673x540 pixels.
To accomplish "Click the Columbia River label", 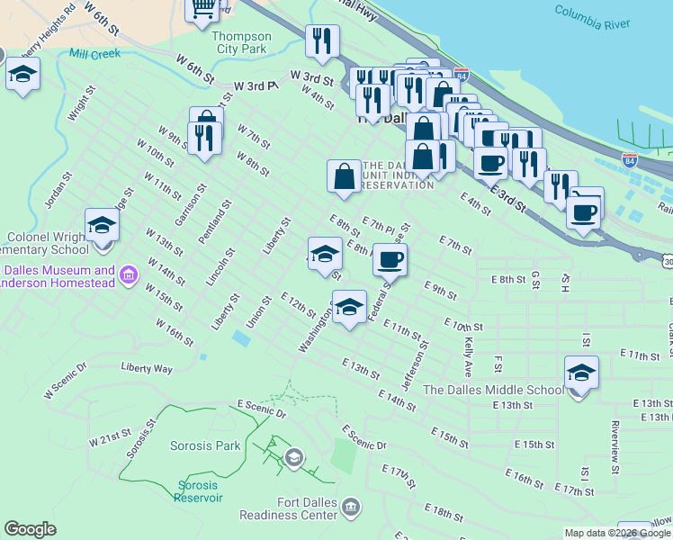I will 592,17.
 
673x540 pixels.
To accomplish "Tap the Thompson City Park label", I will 240,42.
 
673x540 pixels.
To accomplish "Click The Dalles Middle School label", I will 493,390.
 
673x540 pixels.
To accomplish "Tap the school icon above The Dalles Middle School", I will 581,372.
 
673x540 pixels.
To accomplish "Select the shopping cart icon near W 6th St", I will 203,7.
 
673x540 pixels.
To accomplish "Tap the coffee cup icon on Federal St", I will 390,260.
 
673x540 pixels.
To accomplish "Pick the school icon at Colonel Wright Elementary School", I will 103,224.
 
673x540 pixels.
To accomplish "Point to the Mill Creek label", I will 94,54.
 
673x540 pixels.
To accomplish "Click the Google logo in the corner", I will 30,529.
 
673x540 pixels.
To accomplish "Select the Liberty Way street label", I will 147,368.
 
